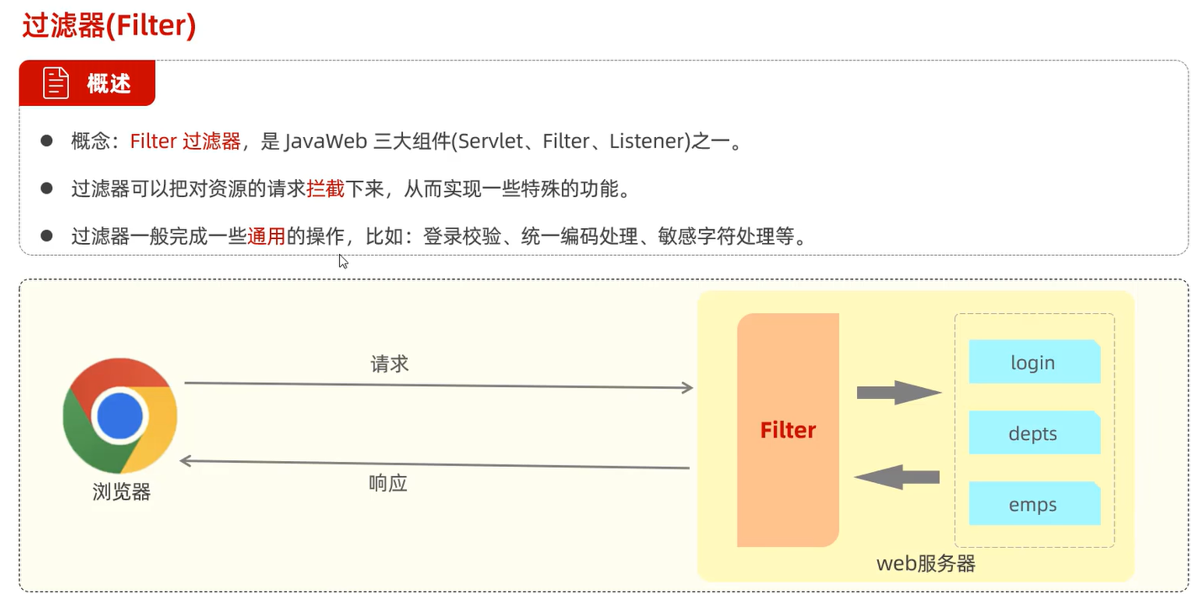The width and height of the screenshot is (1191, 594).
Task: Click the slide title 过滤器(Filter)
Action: click(x=109, y=26)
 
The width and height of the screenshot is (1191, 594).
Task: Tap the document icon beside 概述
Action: click(x=56, y=83)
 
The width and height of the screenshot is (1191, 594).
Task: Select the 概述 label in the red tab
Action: click(x=109, y=83)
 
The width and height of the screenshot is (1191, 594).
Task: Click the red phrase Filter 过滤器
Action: click(x=185, y=141)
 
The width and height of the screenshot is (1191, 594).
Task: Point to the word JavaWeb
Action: click(x=326, y=141)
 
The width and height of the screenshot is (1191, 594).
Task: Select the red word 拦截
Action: click(x=326, y=189)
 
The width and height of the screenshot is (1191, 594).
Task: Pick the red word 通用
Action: click(x=267, y=236)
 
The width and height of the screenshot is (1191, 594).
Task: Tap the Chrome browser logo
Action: click(x=120, y=415)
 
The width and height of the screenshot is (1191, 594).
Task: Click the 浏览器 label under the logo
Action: click(x=121, y=492)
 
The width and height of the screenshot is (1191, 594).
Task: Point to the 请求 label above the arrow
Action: click(x=389, y=364)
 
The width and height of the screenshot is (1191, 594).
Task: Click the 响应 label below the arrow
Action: click(x=388, y=484)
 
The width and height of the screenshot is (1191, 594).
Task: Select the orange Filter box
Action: click(x=788, y=431)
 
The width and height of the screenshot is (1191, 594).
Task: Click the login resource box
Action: click(x=1034, y=363)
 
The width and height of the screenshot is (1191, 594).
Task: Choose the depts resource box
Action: click(x=1034, y=433)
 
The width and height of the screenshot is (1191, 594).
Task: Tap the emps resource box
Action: click(x=1034, y=505)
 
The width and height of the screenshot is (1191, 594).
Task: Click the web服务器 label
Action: click(x=925, y=563)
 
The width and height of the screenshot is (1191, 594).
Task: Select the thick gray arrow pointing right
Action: click(x=897, y=392)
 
